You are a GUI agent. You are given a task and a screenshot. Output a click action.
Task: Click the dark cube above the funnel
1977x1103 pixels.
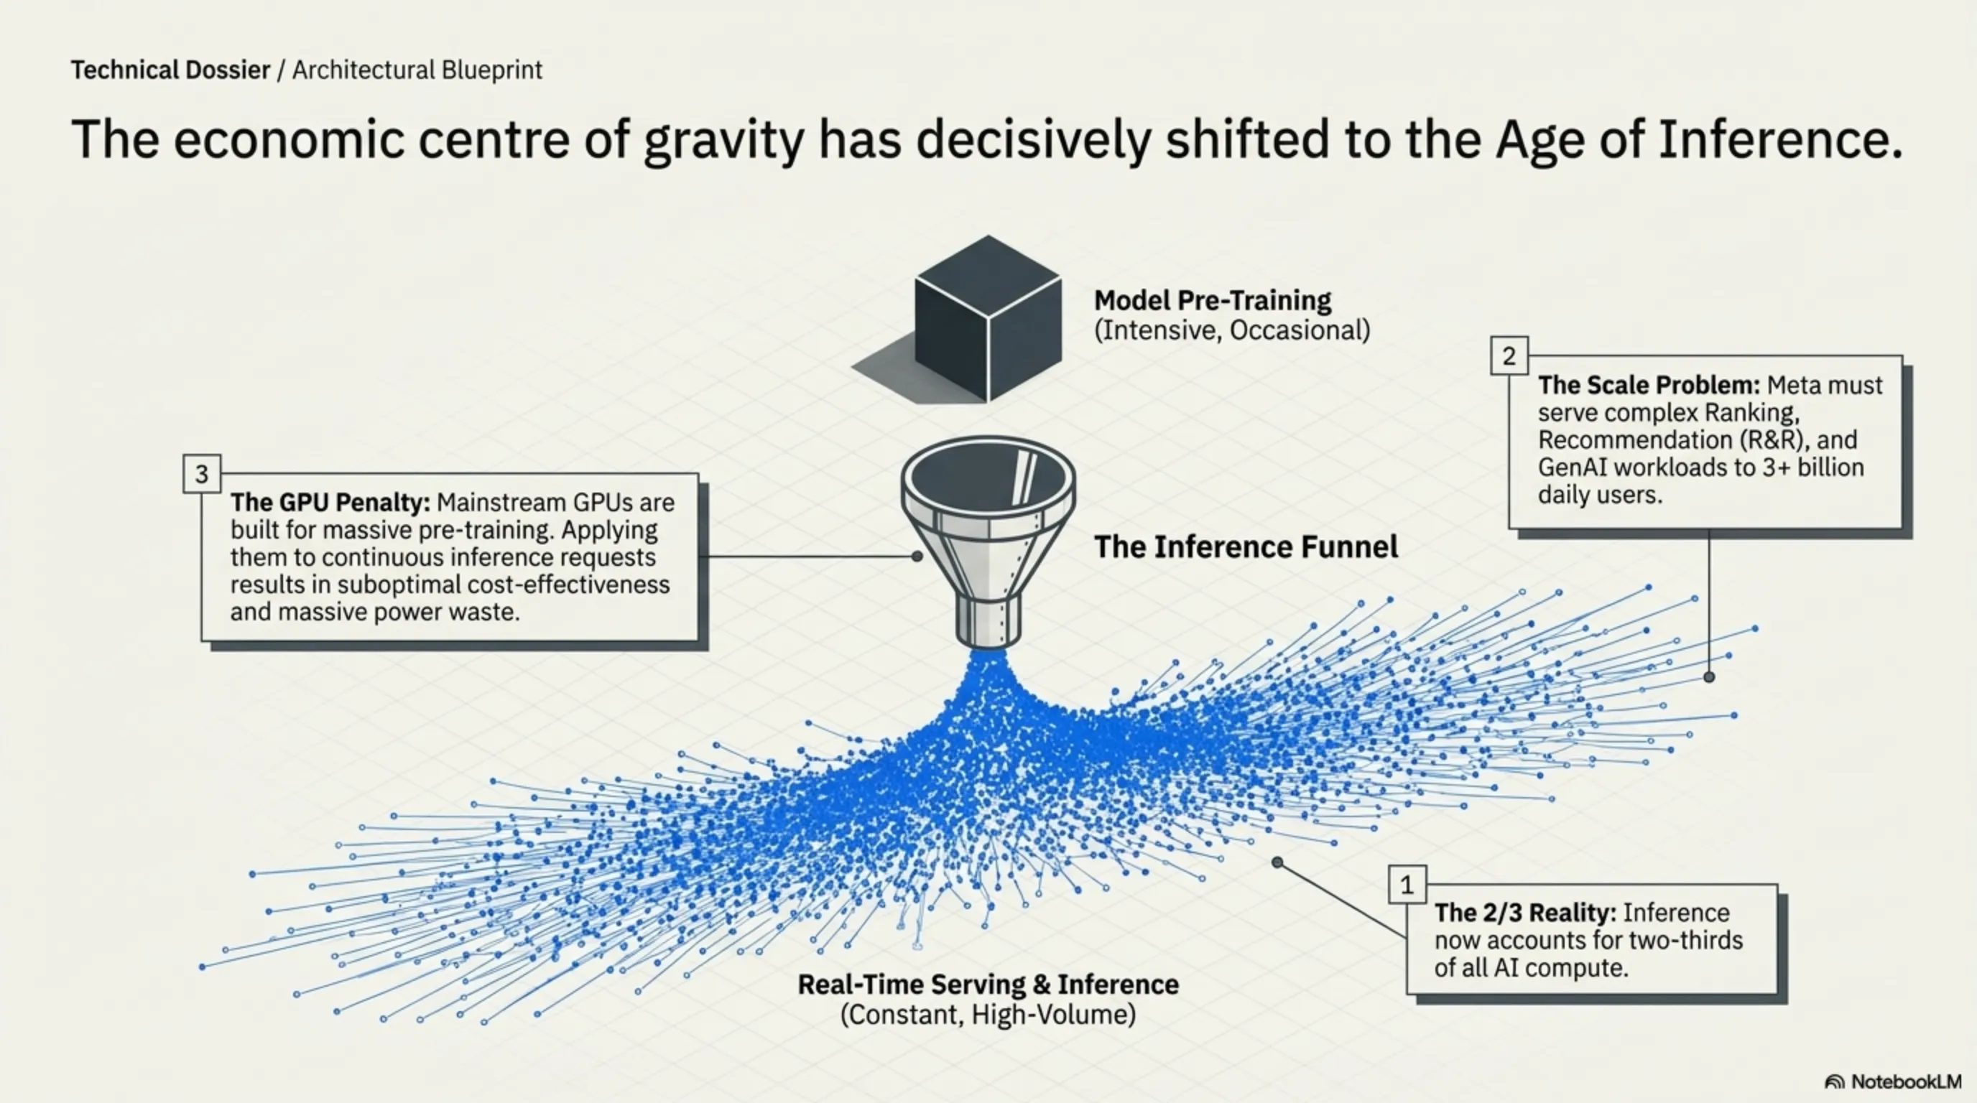988,318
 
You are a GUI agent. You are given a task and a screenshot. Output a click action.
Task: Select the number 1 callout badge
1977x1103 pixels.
1407,885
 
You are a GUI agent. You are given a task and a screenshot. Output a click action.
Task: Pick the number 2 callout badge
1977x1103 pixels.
1509,356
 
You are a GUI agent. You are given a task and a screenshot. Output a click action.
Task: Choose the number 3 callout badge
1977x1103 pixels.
202,474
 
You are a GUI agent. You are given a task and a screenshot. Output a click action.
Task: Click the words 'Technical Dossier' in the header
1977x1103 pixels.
170,70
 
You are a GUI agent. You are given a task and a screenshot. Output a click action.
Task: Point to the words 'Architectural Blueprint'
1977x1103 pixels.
417,70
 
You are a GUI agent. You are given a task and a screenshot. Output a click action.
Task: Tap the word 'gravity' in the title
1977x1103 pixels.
723,140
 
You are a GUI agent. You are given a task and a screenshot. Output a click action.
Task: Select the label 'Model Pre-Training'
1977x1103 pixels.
1213,300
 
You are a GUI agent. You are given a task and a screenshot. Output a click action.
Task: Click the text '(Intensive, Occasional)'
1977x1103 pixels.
1232,330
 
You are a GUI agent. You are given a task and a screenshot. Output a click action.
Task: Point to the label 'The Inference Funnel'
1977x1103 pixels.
1246,547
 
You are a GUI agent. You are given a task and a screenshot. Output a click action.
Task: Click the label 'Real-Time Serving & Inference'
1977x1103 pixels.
988,984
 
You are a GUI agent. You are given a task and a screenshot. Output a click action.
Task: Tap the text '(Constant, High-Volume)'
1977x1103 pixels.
988,1015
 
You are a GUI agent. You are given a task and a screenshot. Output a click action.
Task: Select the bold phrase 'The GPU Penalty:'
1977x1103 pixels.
330,503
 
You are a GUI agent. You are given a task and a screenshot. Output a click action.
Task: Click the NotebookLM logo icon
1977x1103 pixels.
1835,1082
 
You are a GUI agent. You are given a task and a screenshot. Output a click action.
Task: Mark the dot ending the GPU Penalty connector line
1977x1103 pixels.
917,556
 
